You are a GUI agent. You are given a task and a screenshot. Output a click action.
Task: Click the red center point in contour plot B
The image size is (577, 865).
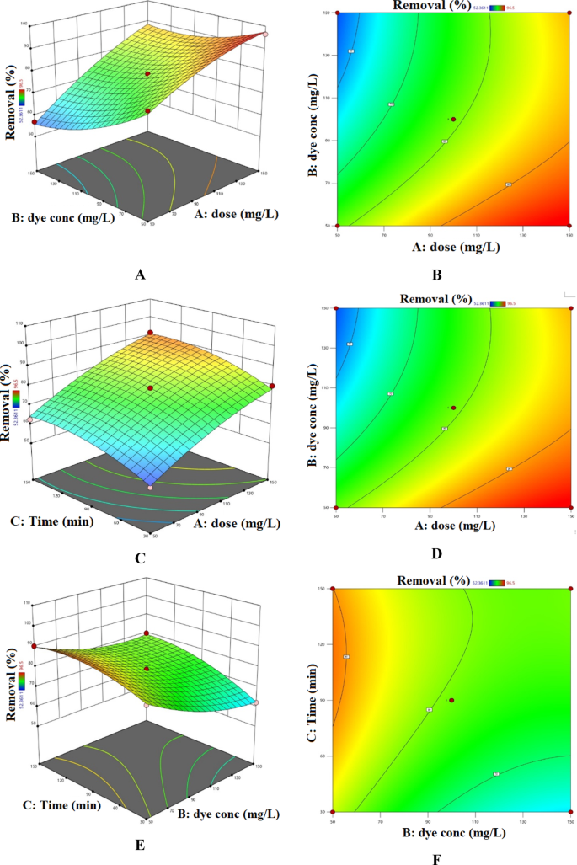452,119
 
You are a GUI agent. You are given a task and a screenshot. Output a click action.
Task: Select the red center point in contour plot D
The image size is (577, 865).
453,408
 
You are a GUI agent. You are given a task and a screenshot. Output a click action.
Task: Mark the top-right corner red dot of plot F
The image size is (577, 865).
570,589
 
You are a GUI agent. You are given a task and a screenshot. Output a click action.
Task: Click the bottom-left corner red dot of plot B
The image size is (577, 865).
337,226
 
